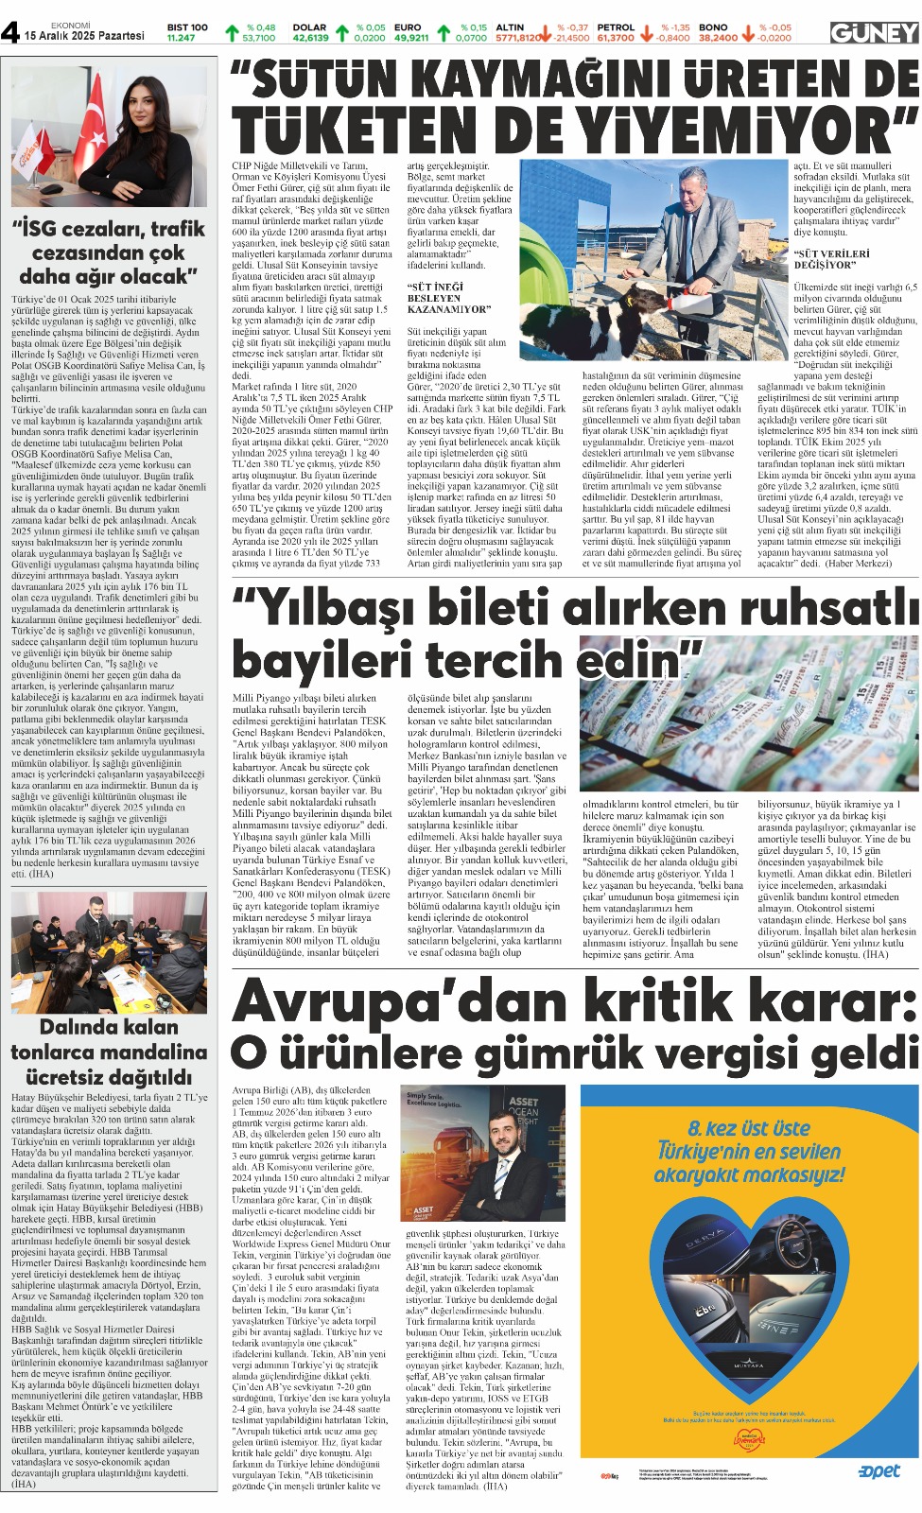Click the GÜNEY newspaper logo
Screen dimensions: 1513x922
click(x=874, y=33)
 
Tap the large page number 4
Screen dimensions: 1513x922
click(x=10, y=32)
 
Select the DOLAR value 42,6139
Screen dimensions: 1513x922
click(x=310, y=38)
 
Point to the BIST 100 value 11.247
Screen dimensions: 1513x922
click(x=181, y=38)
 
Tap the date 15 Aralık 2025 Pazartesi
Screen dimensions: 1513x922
click(x=84, y=36)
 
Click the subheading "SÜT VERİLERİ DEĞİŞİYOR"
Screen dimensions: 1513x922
click(x=831, y=259)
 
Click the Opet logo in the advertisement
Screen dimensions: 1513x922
click(x=879, y=1471)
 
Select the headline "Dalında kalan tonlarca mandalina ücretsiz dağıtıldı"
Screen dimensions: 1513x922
click(x=108, y=1052)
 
